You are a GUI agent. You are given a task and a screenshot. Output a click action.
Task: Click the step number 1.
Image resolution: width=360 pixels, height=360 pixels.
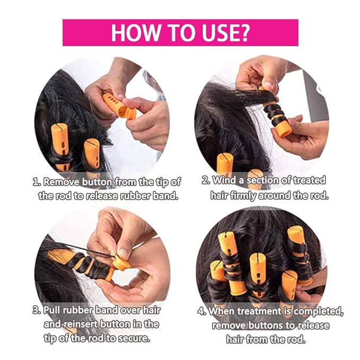37,182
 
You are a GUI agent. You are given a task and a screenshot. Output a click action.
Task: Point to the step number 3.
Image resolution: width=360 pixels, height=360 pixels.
37,310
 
